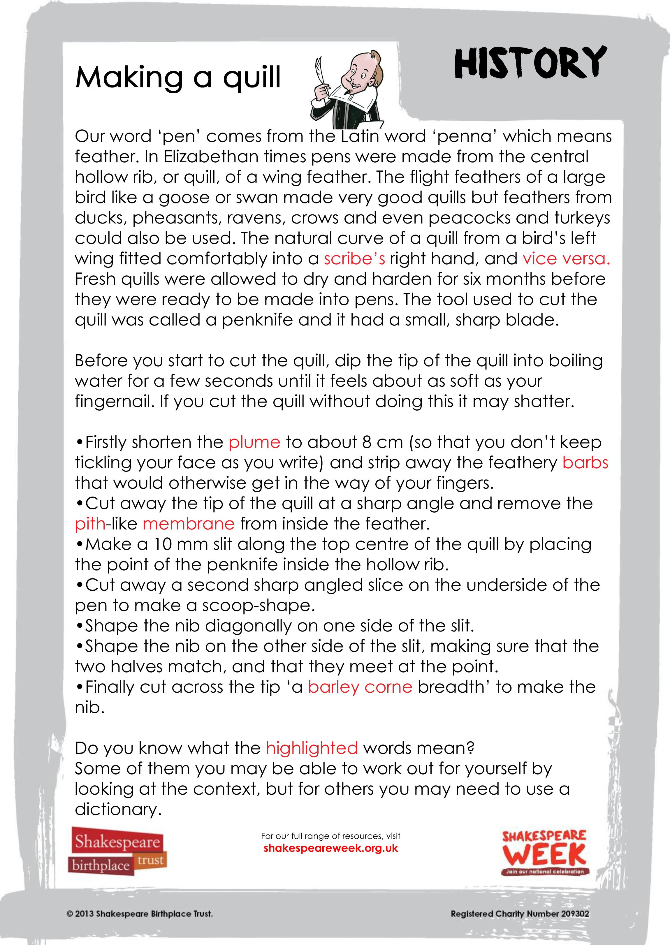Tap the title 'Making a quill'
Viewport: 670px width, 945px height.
pyautogui.click(x=178, y=78)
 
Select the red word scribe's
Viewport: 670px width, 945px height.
pyautogui.click(x=354, y=259)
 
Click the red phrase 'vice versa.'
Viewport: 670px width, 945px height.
pyautogui.click(x=566, y=259)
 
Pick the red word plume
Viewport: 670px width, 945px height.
pyautogui.click(x=254, y=442)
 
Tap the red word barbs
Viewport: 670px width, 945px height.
pyautogui.click(x=585, y=462)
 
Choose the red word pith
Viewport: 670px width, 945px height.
pyautogui.click(x=90, y=524)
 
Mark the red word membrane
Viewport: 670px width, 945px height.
pyautogui.click(x=189, y=524)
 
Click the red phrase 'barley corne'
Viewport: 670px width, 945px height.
pyautogui.click(x=360, y=687)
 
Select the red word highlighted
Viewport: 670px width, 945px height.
pyautogui.click(x=312, y=748)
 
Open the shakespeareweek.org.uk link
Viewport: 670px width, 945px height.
pyautogui.click(x=330, y=848)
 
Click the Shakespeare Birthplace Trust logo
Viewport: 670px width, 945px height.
pyautogui.click(x=117, y=851)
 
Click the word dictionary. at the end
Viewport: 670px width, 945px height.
pyautogui.click(x=117, y=809)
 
